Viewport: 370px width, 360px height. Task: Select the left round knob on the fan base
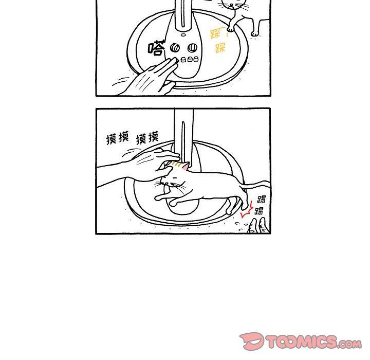(175, 48)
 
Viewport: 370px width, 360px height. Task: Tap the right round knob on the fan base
(192, 48)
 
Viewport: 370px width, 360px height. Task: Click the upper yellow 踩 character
(215, 33)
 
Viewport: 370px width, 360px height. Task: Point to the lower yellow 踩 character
(220, 47)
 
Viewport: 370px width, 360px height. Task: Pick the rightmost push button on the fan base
(195, 59)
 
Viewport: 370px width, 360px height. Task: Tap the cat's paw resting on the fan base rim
(230, 29)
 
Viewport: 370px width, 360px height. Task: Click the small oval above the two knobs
(183, 35)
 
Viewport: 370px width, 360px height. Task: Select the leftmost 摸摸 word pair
(118, 138)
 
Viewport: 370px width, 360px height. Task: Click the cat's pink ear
(186, 166)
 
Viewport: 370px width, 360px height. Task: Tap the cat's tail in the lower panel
(255, 184)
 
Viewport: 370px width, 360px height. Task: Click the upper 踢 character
(262, 199)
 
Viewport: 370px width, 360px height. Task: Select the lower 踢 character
(259, 211)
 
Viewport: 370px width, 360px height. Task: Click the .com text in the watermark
(349, 344)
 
